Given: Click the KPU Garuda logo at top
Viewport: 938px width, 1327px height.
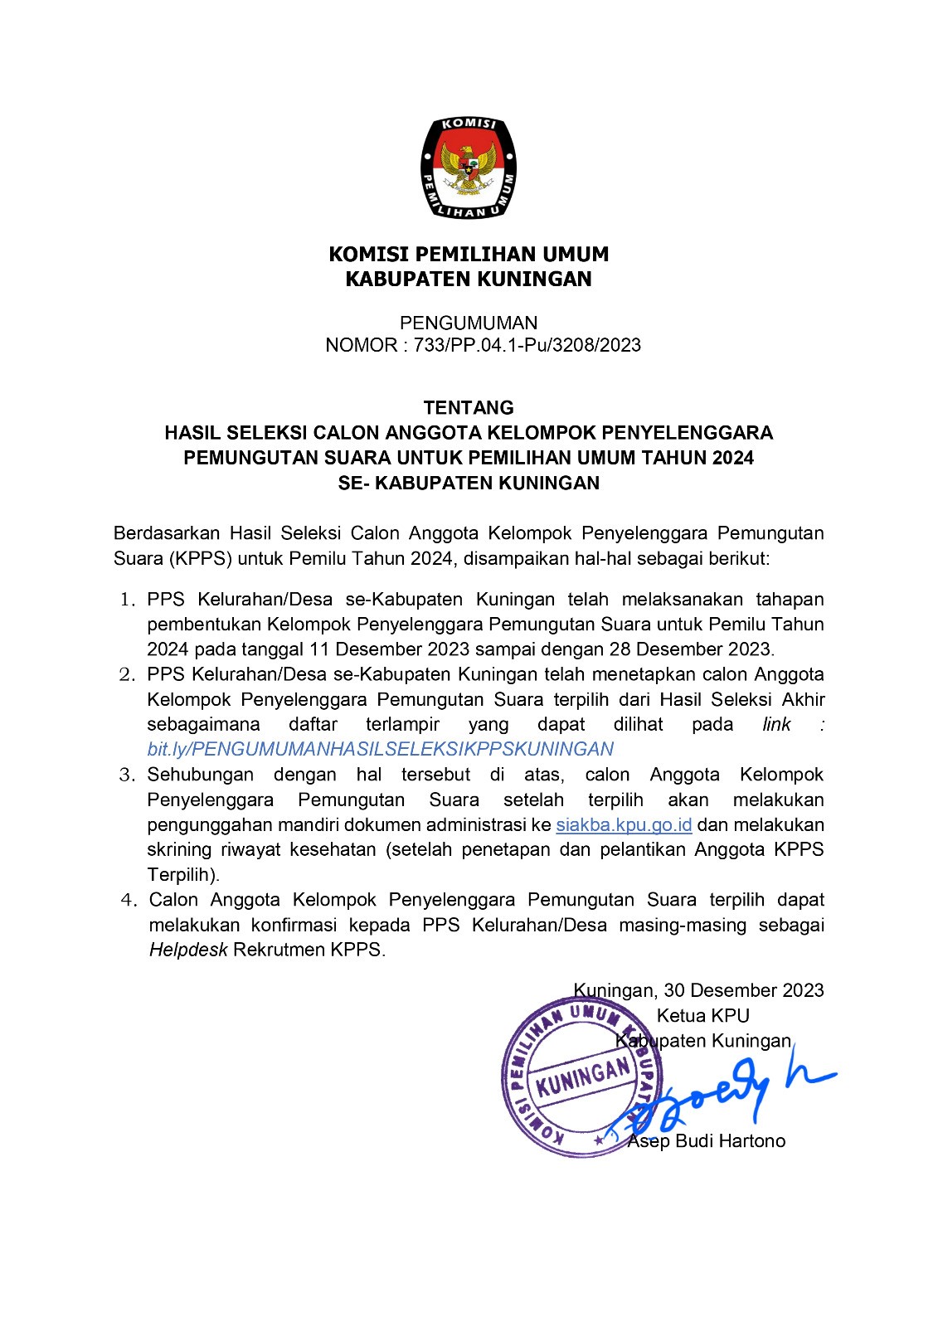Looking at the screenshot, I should [469, 168].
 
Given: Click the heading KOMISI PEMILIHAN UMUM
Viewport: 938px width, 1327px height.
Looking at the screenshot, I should [469, 254].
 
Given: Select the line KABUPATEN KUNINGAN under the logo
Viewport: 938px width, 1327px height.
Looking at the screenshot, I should [469, 279].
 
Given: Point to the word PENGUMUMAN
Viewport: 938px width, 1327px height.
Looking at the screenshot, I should [469, 323].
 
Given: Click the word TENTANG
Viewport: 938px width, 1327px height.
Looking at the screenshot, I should [469, 407].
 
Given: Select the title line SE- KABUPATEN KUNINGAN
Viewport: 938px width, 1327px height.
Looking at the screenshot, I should [469, 483].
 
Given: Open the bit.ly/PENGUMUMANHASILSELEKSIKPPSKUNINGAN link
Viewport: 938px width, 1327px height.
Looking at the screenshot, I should [380, 749].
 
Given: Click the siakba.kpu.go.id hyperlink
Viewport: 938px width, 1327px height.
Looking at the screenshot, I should [624, 825].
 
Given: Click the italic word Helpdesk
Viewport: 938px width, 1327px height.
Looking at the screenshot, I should [188, 950].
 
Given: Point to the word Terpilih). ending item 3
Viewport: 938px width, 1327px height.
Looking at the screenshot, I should [183, 875].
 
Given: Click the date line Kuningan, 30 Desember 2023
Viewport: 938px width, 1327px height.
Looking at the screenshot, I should [698, 990].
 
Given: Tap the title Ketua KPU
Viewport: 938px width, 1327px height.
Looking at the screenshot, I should [702, 1016].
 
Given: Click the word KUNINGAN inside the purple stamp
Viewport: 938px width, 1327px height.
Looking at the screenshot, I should [583, 1077].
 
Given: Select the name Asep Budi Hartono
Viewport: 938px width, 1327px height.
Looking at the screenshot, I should [706, 1141].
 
